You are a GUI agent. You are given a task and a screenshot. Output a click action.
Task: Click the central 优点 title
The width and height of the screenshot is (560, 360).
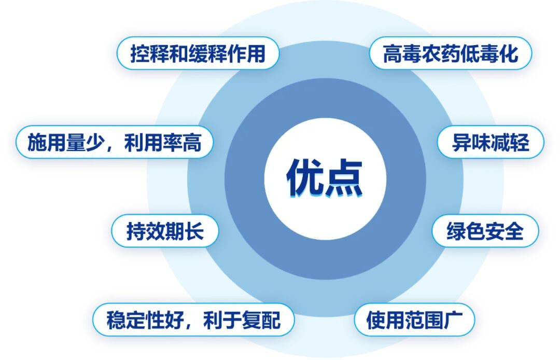click(x=325, y=178)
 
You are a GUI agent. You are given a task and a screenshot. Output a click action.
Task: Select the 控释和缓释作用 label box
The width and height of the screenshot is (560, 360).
click(x=198, y=53)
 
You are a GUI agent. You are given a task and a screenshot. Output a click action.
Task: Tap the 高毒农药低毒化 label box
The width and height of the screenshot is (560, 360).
click(x=450, y=53)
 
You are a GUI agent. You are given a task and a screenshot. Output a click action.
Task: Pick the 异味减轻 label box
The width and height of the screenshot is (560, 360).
click(x=490, y=142)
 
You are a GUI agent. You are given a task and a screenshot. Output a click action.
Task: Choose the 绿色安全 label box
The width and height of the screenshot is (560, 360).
click(x=485, y=231)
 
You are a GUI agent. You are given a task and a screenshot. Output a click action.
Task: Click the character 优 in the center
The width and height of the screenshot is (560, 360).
click(x=305, y=178)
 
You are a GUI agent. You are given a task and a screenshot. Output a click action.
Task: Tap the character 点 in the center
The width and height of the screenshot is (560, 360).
click(x=344, y=178)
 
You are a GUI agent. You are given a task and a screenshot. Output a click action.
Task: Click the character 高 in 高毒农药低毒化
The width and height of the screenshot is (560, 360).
click(x=393, y=54)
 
